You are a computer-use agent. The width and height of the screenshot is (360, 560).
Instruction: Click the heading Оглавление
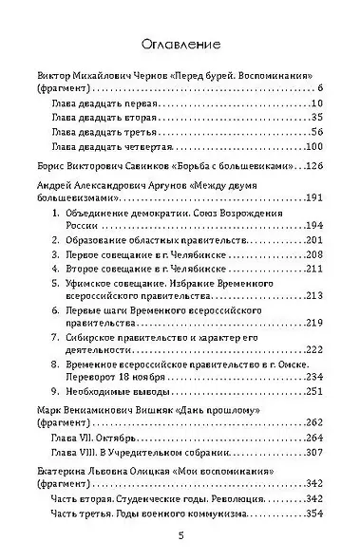(x=180, y=44)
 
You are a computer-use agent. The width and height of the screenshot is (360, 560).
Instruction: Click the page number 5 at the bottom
(x=180, y=535)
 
